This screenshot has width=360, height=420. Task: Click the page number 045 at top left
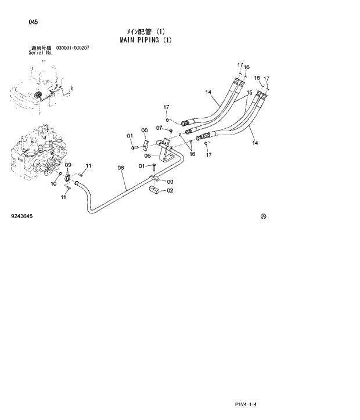(x=33, y=22)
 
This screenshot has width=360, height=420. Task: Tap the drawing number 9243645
(x=21, y=216)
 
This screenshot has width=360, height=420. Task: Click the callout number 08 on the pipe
(x=121, y=168)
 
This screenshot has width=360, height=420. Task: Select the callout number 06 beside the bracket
(x=147, y=155)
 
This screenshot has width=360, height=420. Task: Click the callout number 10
(x=53, y=184)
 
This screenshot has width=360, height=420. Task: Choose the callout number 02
(x=170, y=190)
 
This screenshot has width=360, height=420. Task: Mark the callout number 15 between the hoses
(x=249, y=93)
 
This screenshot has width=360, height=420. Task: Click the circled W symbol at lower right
(x=263, y=216)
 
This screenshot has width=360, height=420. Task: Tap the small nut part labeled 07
(x=170, y=130)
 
